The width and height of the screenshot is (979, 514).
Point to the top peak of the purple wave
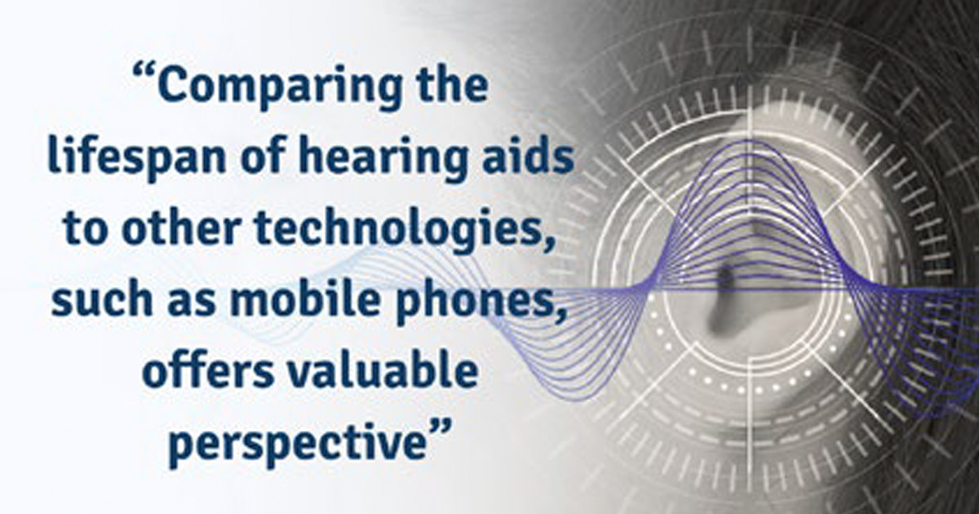[x=750, y=141]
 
